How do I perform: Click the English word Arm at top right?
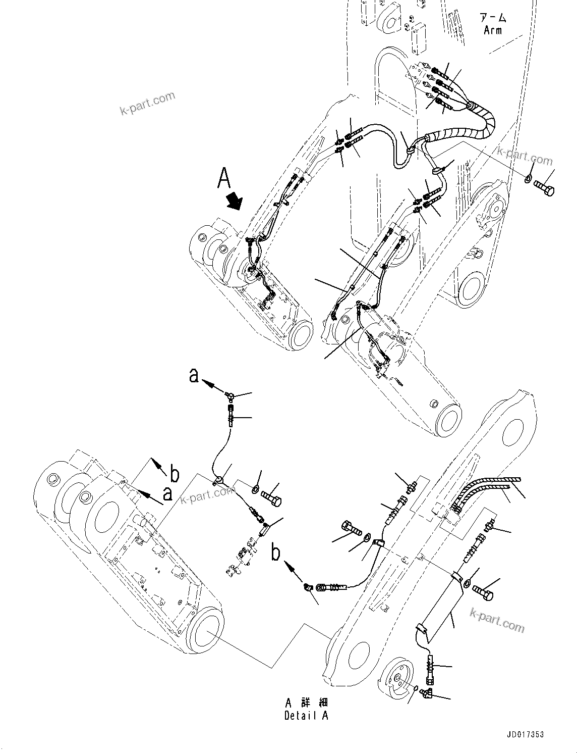pos(493,30)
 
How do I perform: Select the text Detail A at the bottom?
pos(306,715)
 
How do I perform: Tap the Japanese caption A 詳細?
pos(306,702)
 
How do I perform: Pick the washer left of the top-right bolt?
pos(528,179)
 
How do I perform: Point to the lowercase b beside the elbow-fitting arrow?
pos(276,552)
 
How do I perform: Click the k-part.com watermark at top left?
pos(147,103)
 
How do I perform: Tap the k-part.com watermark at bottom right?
pos(497,620)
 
